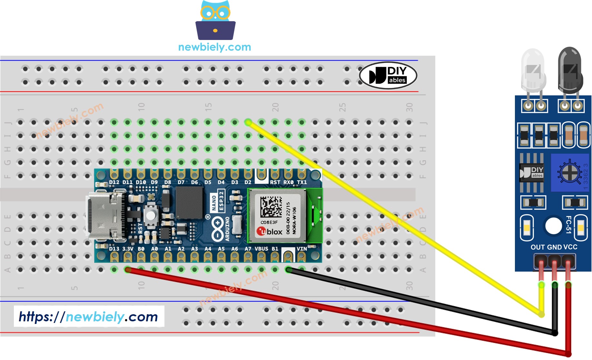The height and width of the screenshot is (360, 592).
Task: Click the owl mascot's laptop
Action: (215, 31)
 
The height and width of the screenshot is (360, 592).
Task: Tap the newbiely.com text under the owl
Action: (214, 47)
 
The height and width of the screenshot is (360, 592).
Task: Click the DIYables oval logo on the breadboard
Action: (388, 75)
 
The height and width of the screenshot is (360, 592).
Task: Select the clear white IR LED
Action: (533, 71)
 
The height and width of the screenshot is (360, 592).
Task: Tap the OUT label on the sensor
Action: (538, 247)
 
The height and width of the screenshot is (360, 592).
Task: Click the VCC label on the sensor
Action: (570, 247)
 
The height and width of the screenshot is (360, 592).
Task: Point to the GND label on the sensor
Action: (554, 247)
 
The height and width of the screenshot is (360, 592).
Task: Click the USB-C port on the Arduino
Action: (103, 217)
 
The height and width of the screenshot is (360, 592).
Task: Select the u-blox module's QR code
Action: (271, 207)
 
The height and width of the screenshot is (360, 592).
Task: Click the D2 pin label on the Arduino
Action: (248, 182)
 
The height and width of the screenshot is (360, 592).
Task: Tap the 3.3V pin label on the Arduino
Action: (128, 249)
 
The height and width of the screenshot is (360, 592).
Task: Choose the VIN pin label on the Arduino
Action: (301, 249)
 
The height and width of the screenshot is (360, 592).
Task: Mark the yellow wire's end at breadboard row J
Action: (248, 122)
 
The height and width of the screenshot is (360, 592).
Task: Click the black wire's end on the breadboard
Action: (288, 269)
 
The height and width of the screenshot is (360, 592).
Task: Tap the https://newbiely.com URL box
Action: (89, 316)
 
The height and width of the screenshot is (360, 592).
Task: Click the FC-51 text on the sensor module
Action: (568, 225)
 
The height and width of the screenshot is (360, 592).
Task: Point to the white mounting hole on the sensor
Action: (553, 226)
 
